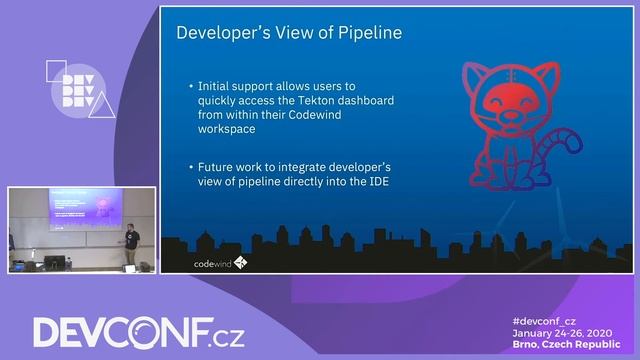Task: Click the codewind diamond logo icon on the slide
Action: coord(240,263)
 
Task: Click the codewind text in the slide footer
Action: coord(211,263)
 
